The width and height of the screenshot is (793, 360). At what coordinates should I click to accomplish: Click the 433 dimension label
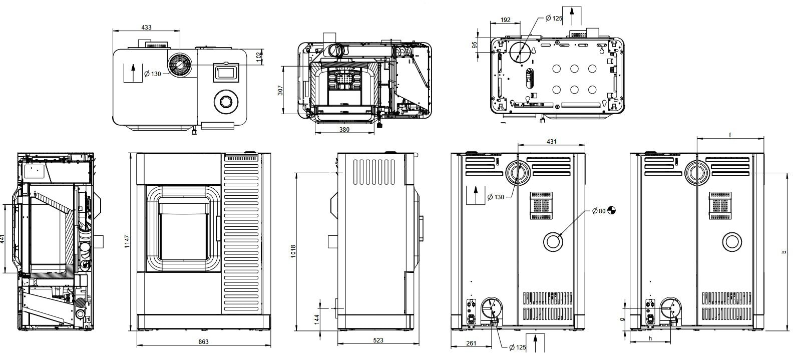pyautogui.click(x=146, y=28)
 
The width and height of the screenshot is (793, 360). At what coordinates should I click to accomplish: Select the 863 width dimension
pyautogui.click(x=203, y=341)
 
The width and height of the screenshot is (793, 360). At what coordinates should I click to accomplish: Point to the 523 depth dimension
pyautogui.click(x=378, y=340)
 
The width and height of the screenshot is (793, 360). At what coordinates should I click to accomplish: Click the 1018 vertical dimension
pyautogui.click(x=293, y=251)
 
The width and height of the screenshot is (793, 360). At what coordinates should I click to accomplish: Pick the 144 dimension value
pyautogui.click(x=317, y=319)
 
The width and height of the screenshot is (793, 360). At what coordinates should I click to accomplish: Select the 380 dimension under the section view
pyautogui.click(x=344, y=129)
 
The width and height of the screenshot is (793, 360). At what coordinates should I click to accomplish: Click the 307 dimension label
pyautogui.click(x=280, y=90)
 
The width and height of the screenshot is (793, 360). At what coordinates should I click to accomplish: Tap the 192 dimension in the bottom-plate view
pyautogui.click(x=505, y=20)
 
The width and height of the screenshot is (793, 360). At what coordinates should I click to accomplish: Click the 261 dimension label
pyautogui.click(x=471, y=343)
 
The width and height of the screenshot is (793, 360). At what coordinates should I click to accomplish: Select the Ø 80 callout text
pyautogui.click(x=598, y=211)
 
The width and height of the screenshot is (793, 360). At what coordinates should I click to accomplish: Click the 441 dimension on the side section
pyautogui.click(x=3, y=239)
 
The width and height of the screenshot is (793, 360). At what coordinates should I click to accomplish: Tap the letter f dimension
pyautogui.click(x=730, y=135)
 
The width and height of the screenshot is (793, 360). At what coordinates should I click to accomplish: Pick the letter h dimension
pyautogui.click(x=650, y=338)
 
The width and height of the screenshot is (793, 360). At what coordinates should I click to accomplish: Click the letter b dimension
pyautogui.click(x=785, y=252)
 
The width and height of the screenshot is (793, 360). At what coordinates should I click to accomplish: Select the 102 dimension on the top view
pyautogui.click(x=258, y=56)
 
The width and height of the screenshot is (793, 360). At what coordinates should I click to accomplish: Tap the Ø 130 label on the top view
pyautogui.click(x=153, y=74)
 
